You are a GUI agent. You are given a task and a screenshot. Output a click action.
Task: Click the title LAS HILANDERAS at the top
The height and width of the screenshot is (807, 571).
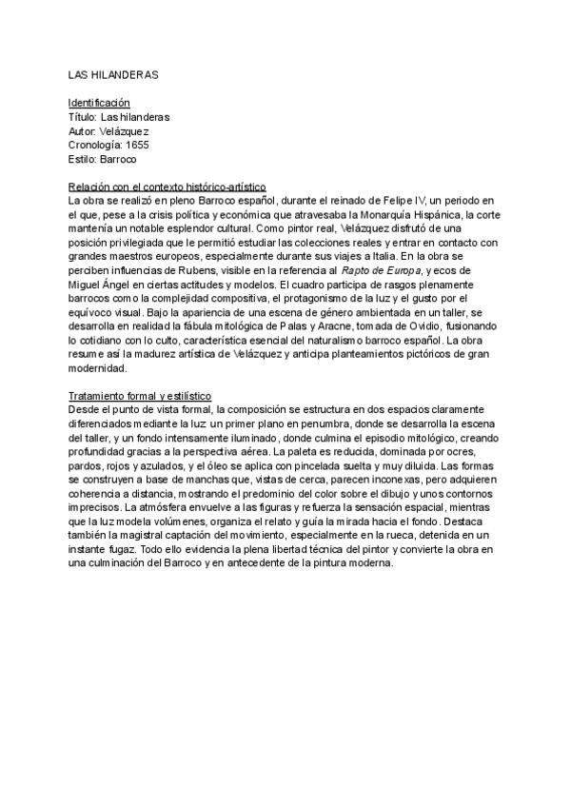point(112,73)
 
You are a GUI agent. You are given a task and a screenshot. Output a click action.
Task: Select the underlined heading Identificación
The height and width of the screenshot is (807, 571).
point(99,102)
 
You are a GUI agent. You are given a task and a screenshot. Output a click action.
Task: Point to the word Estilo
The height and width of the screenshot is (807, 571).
point(83,159)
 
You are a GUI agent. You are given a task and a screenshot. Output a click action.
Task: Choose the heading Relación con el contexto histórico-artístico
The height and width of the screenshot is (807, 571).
point(167,187)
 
